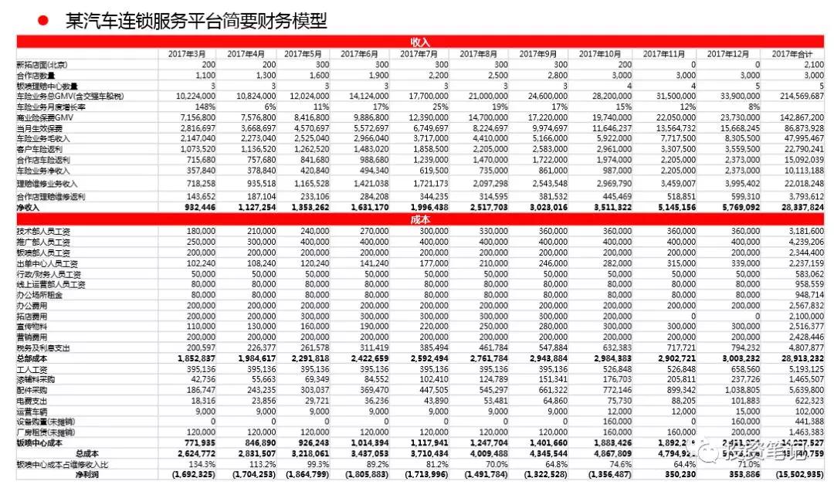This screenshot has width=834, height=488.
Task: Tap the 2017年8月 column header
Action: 479,53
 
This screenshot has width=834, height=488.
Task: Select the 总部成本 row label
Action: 31,359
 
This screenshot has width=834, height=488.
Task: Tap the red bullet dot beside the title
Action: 43,20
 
